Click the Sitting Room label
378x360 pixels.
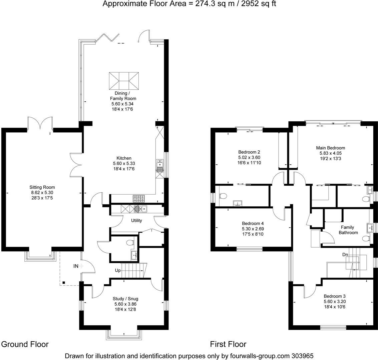coord(42,187)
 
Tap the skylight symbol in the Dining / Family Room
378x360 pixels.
coord(123,80)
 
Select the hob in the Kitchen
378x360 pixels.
coord(139,199)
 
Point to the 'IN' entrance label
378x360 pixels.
coord(76,266)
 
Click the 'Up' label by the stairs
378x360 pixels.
coord(117,270)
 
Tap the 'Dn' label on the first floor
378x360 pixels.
coord(346,255)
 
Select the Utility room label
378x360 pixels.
coord(136,220)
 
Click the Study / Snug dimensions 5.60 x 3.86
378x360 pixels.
coord(125,304)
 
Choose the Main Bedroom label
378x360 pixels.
coord(330,148)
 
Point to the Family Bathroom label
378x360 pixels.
coord(348,230)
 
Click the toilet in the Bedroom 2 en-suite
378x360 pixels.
coord(223,196)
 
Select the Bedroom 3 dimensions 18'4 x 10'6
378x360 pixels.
coord(334,307)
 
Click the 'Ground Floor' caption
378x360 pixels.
coord(25,344)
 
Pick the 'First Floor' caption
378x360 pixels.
coord(228,344)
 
